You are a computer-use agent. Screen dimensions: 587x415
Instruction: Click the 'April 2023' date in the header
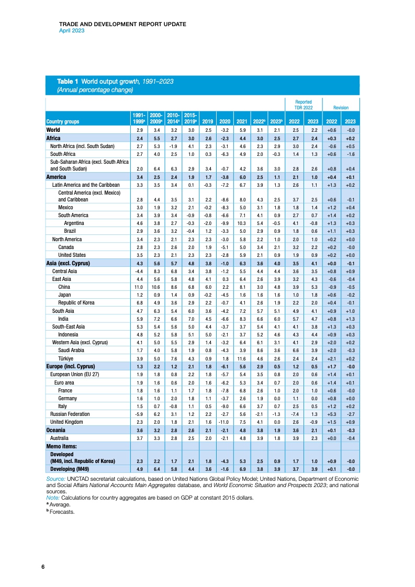pyautogui.click(x=71, y=30)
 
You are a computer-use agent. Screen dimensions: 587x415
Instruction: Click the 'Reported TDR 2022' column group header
pyautogui.click(x=304, y=105)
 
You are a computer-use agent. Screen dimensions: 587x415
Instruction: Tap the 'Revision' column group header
pyautogui.click(x=341, y=107)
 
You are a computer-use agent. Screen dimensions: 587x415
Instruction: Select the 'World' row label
pyautogui.click(x=53, y=129)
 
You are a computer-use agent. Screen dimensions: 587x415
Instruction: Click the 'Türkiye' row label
pyautogui.click(x=66, y=358)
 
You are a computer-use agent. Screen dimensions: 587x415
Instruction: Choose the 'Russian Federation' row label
pyautogui.click(x=69, y=413)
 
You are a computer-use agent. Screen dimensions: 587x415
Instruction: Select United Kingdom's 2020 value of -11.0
pyautogui.click(x=225, y=421)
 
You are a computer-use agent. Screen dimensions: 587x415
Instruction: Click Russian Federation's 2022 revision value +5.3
pyautogui.click(x=332, y=413)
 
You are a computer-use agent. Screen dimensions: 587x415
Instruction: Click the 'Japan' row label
pyautogui.click(x=65, y=295)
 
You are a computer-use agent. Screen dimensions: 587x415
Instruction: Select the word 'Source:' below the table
pyautogui.click(x=55, y=478)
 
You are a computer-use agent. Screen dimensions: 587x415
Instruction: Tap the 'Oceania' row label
pyautogui.click(x=57, y=430)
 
